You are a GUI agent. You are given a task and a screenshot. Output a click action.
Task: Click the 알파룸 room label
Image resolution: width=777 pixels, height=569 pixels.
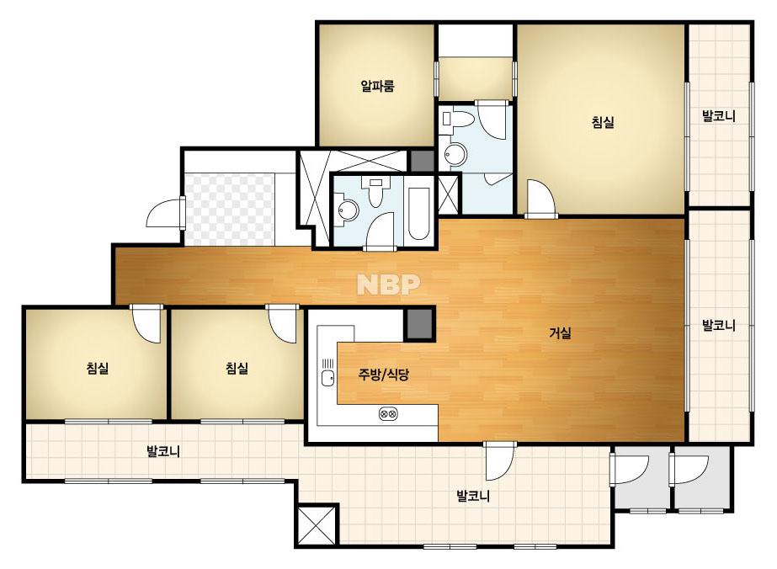tap(378, 86)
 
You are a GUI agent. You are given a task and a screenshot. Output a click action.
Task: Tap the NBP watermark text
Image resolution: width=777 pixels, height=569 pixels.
tap(389, 284)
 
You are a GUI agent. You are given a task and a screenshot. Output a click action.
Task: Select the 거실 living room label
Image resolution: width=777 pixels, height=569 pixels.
tap(560, 333)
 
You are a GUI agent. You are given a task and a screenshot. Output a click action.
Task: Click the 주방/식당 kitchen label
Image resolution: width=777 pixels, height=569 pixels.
tap(384, 375)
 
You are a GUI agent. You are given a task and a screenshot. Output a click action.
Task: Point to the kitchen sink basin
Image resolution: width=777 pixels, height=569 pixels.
tap(327, 379)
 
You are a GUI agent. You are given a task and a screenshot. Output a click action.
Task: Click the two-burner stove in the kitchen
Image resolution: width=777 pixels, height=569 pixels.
tap(388, 413)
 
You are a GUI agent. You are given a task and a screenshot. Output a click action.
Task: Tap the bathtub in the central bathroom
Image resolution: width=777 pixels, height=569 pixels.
tap(419, 214)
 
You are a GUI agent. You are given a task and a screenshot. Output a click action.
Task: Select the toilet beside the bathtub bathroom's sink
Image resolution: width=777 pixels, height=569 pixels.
tap(375, 192)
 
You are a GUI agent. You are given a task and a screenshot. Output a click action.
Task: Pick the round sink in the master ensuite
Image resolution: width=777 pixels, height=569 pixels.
tap(455, 155)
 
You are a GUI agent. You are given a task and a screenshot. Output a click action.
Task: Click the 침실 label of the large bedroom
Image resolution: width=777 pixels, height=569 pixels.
tap(603, 122)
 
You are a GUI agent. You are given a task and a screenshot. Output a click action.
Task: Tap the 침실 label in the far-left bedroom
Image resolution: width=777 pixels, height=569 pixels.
tap(97, 369)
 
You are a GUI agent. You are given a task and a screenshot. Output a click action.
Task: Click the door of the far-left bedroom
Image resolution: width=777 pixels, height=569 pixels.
tap(146, 323)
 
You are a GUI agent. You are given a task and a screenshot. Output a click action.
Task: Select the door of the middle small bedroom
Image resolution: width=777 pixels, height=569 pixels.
tap(283, 323)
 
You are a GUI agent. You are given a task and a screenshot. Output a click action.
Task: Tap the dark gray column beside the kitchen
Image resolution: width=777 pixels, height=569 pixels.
tap(420, 324)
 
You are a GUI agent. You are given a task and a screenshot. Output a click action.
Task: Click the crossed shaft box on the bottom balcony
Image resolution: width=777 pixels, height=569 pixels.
tap(317, 525)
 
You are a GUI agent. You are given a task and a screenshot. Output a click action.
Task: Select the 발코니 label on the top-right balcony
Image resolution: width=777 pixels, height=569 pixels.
tap(719, 116)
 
